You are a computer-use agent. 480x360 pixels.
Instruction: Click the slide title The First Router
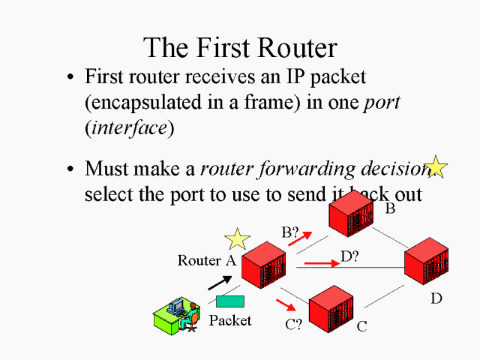click(240, 47)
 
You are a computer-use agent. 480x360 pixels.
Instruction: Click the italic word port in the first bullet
click(382, 103)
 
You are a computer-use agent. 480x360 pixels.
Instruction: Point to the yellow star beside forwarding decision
click(436, 167)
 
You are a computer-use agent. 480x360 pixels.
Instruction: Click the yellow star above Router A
click(237, 239)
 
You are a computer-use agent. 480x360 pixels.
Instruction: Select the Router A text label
click(206, 261)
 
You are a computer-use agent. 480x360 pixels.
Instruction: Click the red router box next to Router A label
click(263, 266)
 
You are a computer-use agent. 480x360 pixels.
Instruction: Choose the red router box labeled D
click(426, 262)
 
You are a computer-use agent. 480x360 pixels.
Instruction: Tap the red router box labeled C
click(331, 308)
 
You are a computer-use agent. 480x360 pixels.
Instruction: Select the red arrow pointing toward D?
click(321, 263)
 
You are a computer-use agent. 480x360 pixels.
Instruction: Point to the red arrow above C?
click(286, 305)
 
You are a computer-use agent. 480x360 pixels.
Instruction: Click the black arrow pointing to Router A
click(219, 281)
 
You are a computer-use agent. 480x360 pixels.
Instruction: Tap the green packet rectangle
click(229, 301)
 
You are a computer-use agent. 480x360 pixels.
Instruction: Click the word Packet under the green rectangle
click(230, 321)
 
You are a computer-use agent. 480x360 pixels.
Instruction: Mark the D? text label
click(349, 256)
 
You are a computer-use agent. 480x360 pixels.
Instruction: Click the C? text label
click(293, 325)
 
